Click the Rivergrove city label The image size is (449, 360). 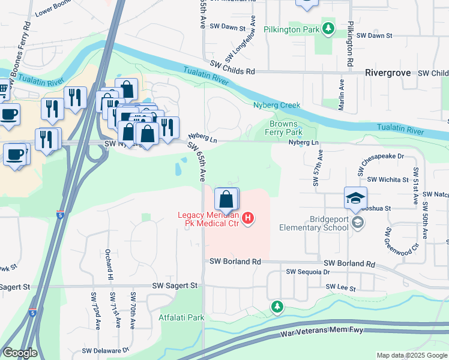(x=388, y=73)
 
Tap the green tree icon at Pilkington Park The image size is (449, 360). (x=328, y=28)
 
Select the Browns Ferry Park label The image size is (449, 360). (x=283, y=128)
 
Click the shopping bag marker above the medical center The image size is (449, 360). (x=226, y=199)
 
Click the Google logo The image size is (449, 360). (x=20, y=353)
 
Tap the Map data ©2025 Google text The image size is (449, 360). (x=411, y=355)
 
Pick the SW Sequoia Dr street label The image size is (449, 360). (x=308, y=272)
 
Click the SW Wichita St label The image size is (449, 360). (x=388, y=179)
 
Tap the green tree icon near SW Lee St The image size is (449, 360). (x=277, y=308)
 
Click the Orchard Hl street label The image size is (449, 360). (x=109, y=264)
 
